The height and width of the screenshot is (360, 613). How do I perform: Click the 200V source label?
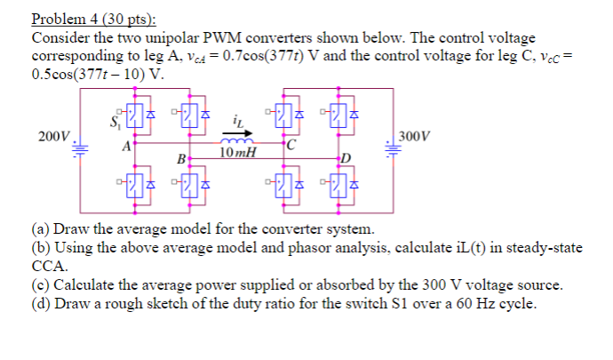tap(52, 137)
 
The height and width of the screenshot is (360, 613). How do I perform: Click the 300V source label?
tap(415, 137)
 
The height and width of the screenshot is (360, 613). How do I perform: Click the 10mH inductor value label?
tap(237, 153)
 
